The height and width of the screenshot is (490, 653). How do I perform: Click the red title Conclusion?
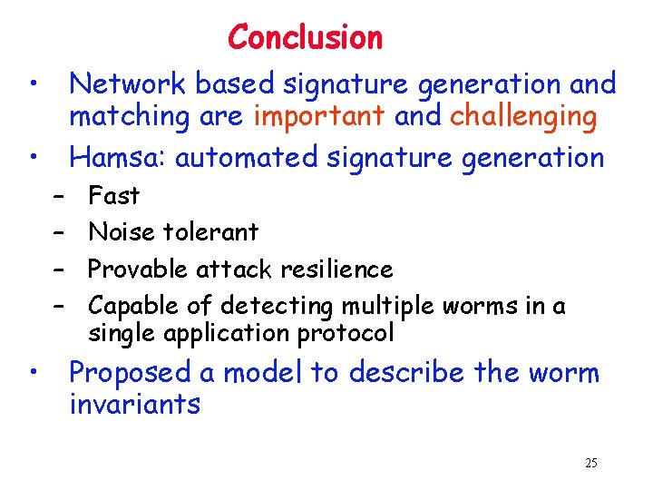306,37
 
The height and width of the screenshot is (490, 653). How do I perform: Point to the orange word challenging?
523,118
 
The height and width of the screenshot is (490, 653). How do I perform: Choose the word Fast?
113,195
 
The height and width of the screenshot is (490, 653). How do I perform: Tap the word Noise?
122,232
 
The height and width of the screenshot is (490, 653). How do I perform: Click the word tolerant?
211,232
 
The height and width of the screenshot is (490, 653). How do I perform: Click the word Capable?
133,307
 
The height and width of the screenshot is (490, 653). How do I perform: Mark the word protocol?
348,334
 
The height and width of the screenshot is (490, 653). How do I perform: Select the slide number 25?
591,464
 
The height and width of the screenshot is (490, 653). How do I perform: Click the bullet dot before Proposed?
33,370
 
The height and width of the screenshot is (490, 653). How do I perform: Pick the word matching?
129,118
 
